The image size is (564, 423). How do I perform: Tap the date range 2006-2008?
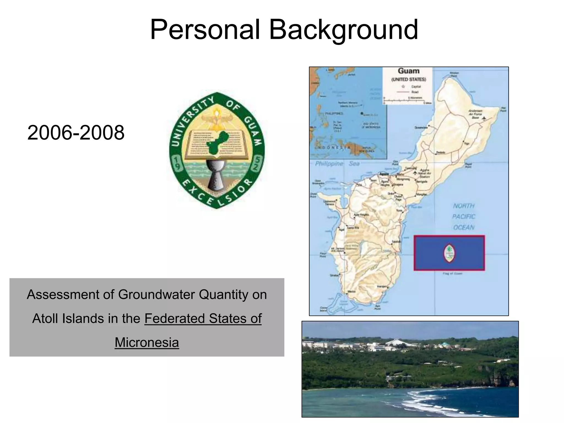pos(76,133)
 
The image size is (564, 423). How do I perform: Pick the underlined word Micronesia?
pos(147,342)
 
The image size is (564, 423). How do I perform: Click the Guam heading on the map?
pos(409,71)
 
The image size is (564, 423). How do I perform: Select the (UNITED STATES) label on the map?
pos(409,79)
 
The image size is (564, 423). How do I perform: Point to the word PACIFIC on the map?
pos(464,216)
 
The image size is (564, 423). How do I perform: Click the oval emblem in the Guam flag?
pos(449,253)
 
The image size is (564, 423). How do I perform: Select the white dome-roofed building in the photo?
pos(394,342)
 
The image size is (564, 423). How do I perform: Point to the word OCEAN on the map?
pos(464,227)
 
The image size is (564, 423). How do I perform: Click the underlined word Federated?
pos(175,319)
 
